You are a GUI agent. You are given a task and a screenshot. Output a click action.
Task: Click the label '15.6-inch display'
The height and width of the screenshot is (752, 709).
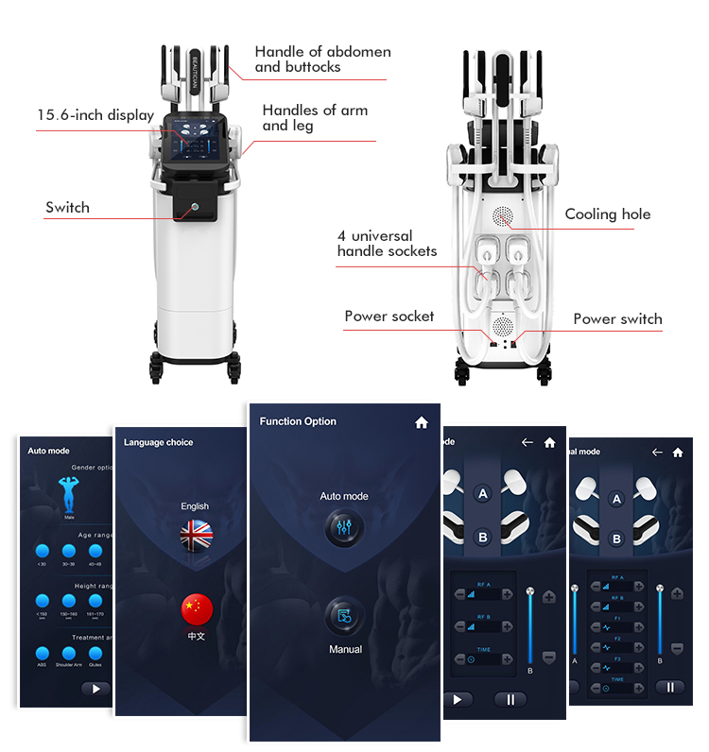[95, 115]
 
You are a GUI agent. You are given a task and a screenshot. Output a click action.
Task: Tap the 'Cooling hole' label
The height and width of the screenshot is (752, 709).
[607, 214]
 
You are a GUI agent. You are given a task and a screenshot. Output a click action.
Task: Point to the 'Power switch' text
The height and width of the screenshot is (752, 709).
[617, 319]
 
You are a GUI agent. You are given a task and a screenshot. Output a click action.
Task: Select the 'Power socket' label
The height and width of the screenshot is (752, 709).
[389, 316]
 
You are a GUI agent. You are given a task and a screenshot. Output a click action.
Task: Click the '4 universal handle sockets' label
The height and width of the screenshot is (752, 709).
[387, 244]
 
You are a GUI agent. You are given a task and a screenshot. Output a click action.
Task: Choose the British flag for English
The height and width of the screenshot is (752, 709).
[197, 536]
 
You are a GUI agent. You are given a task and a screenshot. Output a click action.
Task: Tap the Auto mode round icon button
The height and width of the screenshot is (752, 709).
[344, 529]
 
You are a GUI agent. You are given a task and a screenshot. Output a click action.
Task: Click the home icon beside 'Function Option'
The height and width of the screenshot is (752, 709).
[422, 423]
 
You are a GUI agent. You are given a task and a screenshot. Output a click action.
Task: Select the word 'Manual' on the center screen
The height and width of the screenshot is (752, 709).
[345, 650]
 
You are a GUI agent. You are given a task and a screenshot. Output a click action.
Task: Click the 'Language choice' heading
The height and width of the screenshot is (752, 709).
[159, 442]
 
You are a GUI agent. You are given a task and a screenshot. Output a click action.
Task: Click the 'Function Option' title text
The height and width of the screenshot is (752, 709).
[298, 422]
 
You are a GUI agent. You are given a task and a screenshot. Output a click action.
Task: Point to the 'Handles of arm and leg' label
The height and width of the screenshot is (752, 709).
[315, 118]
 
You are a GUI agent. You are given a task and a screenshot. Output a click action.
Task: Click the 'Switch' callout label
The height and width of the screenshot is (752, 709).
[67, 208]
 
